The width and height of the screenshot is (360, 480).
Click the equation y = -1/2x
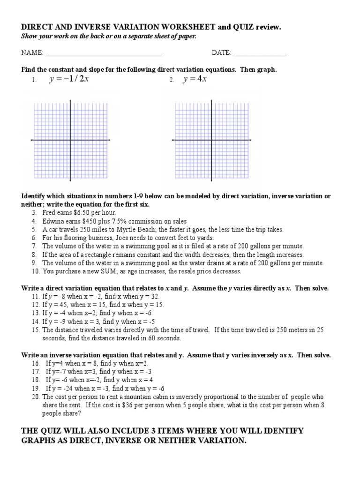pos(69,79)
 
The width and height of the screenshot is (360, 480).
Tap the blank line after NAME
pos(104,54)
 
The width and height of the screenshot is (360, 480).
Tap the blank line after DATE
pos(260,54)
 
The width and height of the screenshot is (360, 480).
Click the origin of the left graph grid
pos(70,140)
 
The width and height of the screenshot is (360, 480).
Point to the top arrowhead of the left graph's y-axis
pos(70,101)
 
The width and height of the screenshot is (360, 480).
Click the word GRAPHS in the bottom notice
pos(39,441)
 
